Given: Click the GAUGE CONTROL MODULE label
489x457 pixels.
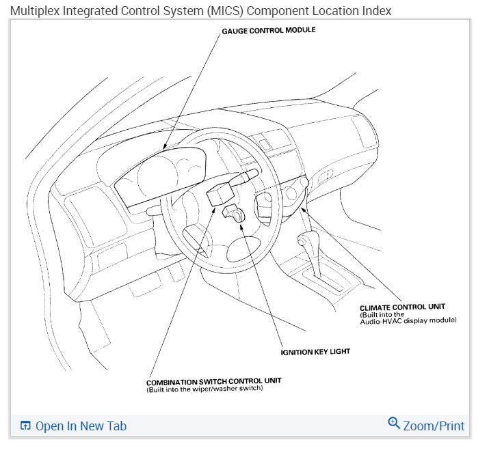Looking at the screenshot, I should point(268,31).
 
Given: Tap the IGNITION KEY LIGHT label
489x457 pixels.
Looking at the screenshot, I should point(315,352).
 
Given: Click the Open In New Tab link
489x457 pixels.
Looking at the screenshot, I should point(81,426).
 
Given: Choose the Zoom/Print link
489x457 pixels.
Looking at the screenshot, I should point(434,426).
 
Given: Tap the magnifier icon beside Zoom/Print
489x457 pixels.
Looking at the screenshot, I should point(394,424).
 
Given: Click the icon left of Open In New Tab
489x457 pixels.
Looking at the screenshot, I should point(25,426).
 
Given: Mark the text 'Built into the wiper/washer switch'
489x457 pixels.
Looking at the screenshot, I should point(204,389).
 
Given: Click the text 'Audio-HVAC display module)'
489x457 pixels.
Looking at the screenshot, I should point(408,320).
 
